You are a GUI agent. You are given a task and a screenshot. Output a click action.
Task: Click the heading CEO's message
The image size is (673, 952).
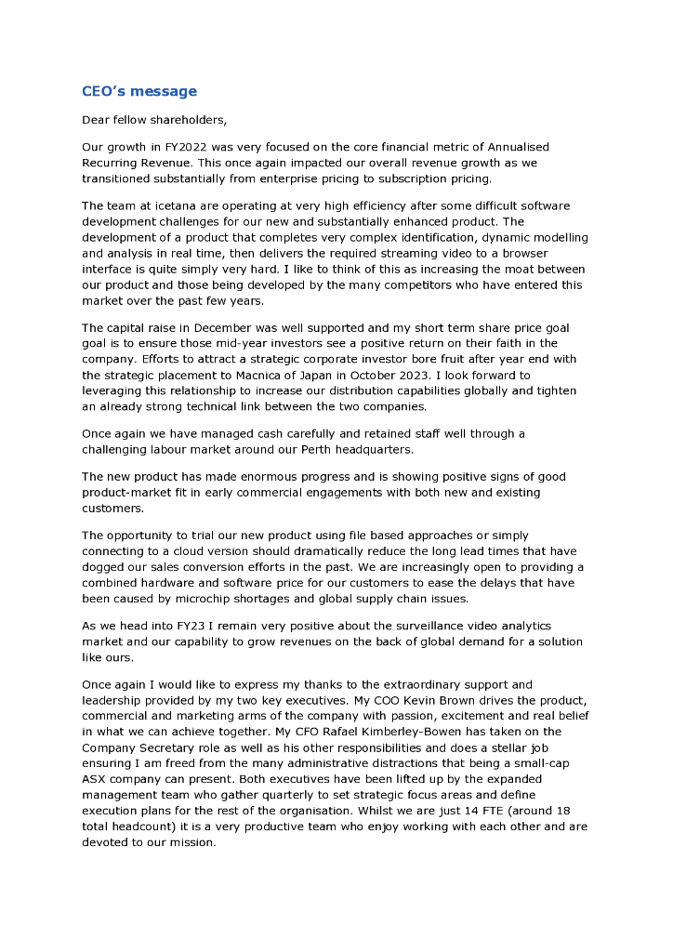(139, 91)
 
